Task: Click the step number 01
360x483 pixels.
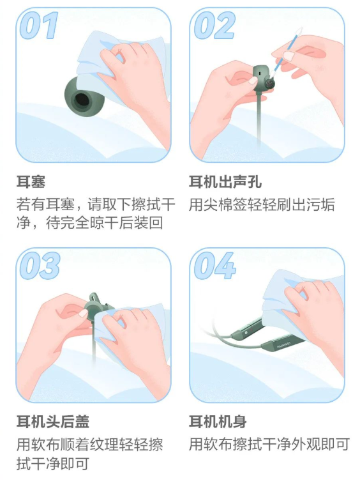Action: pos(39,26)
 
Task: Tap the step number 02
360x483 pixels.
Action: pos(214,26)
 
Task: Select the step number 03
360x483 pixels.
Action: pos(40,266)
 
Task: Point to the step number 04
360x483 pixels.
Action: pos(214,266)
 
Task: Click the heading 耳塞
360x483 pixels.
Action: pos(31,181)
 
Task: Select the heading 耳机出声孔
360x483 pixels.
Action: pos(225,181)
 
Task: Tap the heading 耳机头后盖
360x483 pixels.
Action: pos(53,422)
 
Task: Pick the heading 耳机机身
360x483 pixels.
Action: pos(218,422)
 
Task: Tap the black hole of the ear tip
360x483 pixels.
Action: pos(82,100)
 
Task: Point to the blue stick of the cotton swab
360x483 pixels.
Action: pos(284,54)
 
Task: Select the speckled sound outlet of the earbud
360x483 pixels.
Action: pos(270,82)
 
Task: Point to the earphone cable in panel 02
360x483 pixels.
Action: pos(259,120)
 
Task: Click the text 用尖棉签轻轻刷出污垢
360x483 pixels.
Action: pos(262,204)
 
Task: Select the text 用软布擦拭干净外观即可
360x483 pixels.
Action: pos(269,445)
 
